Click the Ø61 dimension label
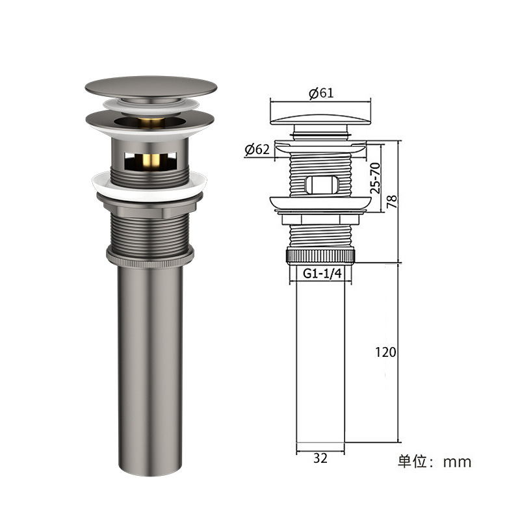[321, 93]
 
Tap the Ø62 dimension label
[257, 149]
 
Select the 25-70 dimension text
[376, 178]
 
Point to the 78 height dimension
[392, 201]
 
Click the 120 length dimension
[385, 352]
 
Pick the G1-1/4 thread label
[322, 274]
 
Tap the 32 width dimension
[320, 458]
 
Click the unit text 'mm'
[457, 462]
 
